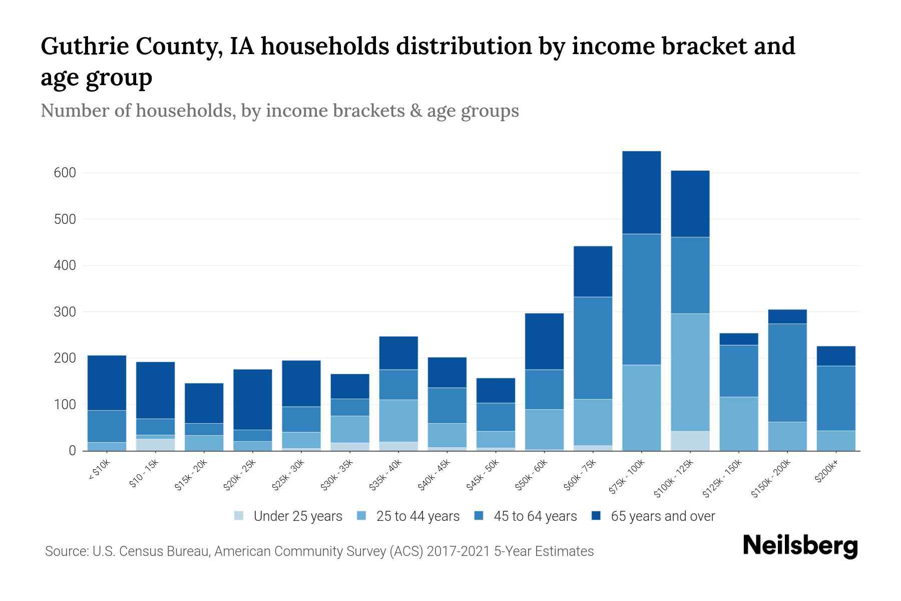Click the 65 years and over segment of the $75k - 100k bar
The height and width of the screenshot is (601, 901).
tap(641, 192)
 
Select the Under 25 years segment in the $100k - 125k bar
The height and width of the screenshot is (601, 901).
tap(690, 441)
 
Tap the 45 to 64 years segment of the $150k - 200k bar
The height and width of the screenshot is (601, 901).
tap(787, 373)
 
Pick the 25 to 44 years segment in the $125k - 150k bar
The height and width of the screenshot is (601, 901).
tap(738, 424)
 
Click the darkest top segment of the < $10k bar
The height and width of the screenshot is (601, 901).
tap(107, 383)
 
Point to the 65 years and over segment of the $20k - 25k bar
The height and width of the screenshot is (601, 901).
tap(252, 399)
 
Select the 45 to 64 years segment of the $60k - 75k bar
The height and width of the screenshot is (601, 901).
tap(593, 348)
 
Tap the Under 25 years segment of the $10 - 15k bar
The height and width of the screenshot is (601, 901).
tap(155, 445)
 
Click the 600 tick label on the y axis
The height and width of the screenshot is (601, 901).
tap(65, 173)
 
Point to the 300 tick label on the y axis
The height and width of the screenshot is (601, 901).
tap(65, 312)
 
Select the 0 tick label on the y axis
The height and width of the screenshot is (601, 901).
tap(72, 451)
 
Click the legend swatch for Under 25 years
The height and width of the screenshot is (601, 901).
tap(239, 516)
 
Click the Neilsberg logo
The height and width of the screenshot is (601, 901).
tap(800, 546)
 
